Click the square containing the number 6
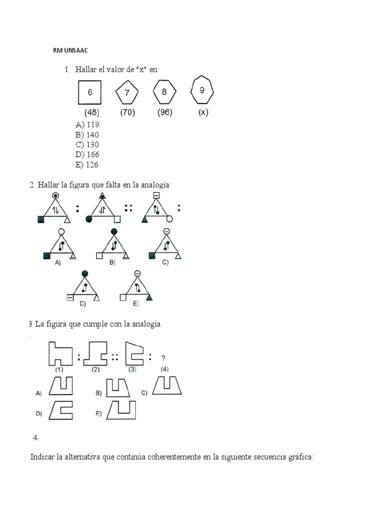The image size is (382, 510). (90, 92)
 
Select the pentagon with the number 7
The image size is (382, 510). (127, 93)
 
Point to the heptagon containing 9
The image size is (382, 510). (202, 91)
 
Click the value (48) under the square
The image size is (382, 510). (92, 113)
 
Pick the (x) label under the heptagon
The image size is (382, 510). (203, 113)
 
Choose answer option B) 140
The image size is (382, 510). (87, 135)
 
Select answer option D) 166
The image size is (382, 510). (87, 155)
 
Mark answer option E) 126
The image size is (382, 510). (87, 165)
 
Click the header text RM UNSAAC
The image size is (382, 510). (70, 50)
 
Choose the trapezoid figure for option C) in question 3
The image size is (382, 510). (167, 385)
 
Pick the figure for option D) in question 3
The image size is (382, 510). (61, 411)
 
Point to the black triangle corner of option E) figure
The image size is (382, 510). (148, 297)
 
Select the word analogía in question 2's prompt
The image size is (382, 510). (156, 185)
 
